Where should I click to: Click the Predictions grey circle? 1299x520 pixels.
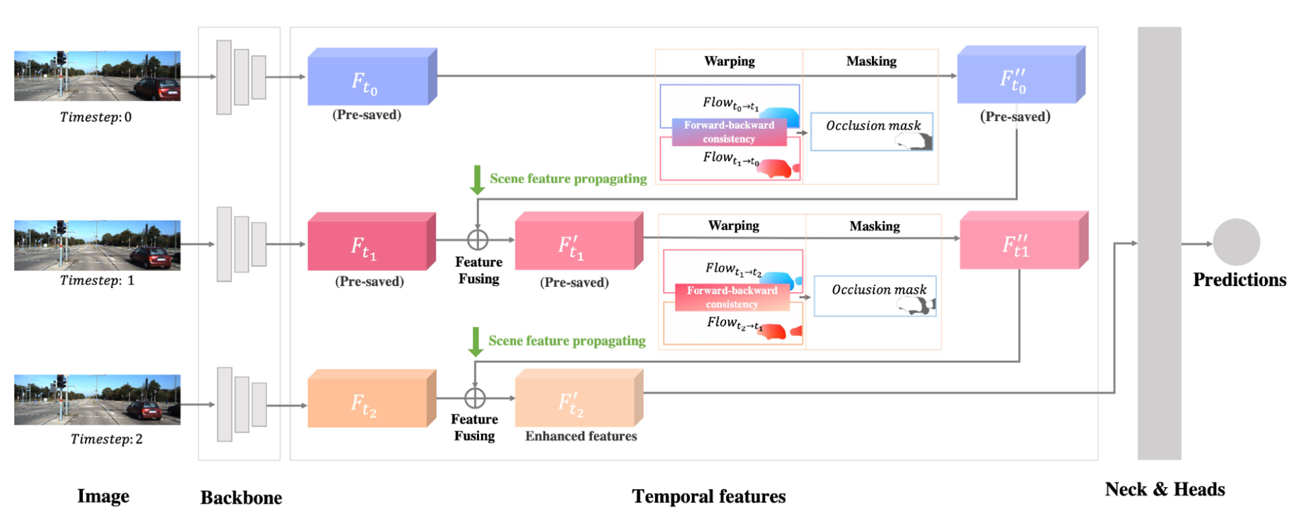(1236, 243)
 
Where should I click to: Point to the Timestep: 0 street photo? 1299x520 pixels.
(97, 76)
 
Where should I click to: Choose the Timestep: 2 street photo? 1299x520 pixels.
(97, 399)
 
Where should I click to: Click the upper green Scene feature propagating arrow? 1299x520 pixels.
(478, 179)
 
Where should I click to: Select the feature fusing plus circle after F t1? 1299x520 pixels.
(478, 240)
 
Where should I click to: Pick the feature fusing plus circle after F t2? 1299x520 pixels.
(475, 398)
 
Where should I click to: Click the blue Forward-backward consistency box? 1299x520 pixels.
(729, 132)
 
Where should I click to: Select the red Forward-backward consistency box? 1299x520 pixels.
(732, 297)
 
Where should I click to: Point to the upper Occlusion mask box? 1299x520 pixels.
(872, 131)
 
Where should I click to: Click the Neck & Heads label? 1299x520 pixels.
(1164, 489)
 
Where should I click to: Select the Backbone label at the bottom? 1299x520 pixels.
(241, 498)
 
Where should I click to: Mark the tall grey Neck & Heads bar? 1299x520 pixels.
(1159, 243)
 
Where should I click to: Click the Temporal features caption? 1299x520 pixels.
(708, 496)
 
